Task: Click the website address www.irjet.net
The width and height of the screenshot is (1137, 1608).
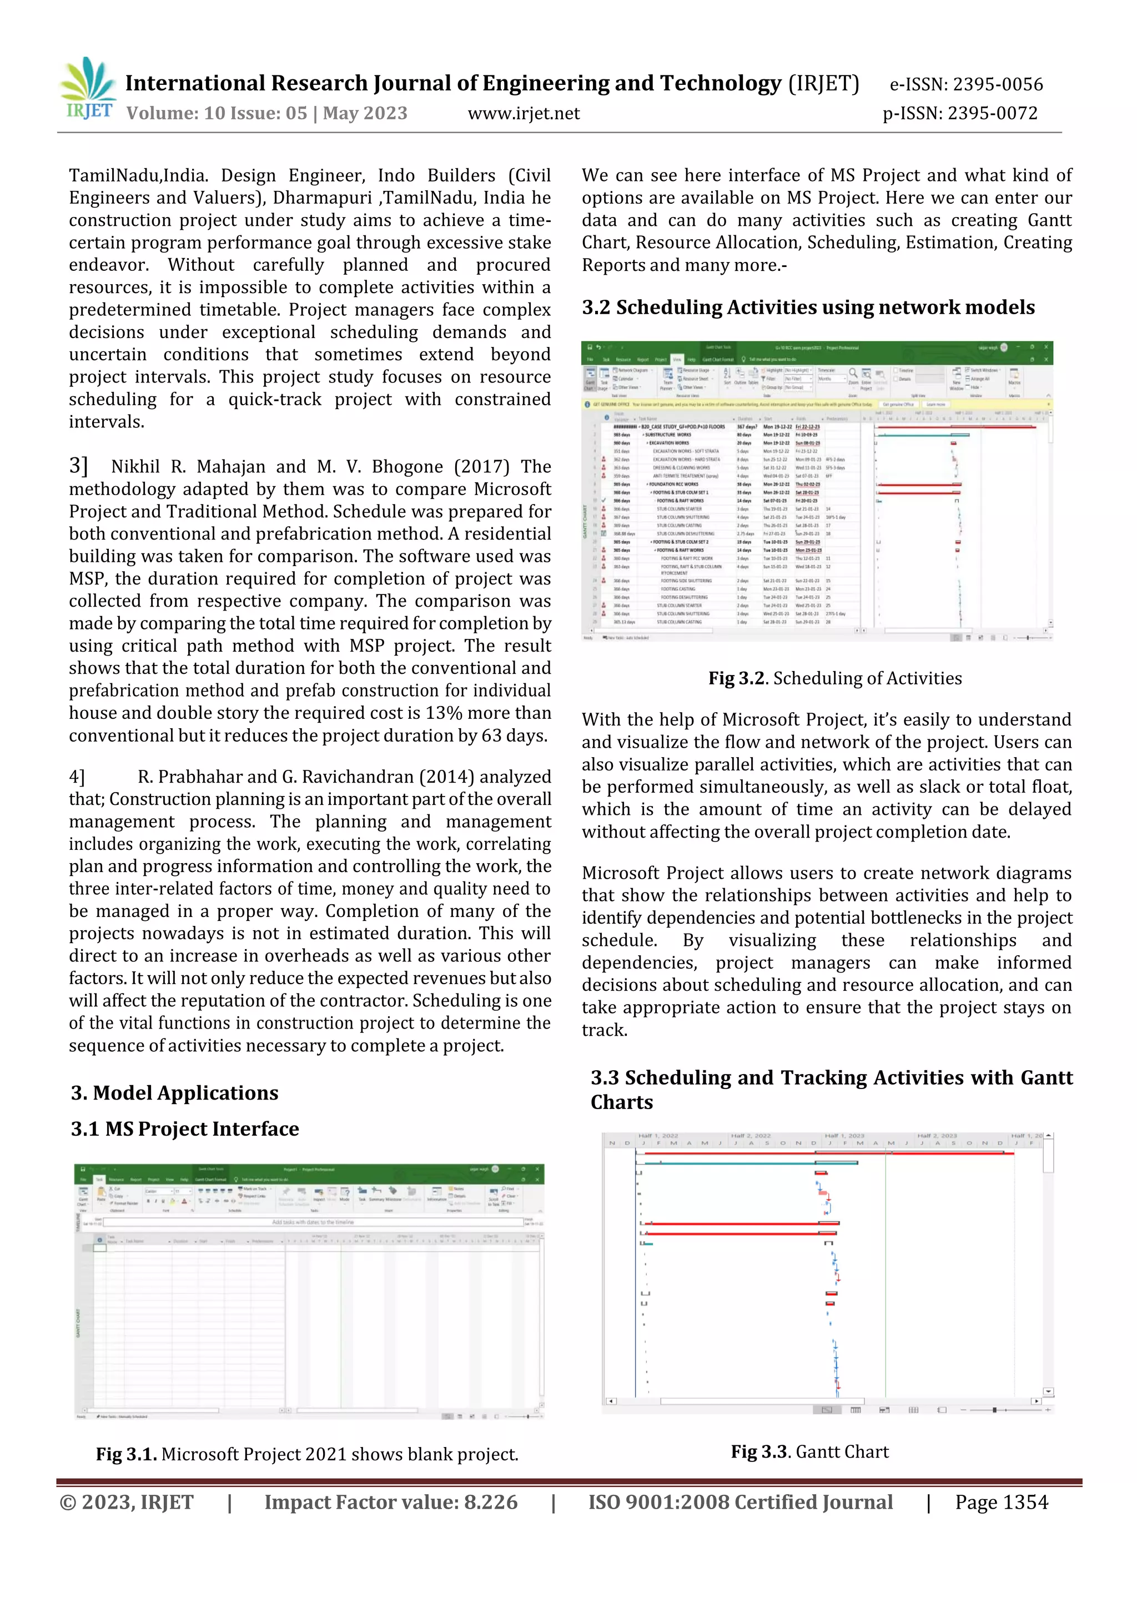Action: (x=524, y=113)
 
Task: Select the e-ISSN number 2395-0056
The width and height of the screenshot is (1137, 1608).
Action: (x=998, y=85)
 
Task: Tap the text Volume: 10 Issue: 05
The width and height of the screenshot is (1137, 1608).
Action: (x=217, y=113)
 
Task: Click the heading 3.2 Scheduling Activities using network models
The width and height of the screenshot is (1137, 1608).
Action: (x=808, y=308)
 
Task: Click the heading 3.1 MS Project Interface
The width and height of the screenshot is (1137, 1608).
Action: (x=185, y=1129)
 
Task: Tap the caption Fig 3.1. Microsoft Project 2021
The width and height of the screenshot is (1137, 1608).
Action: (x=307, y=1455)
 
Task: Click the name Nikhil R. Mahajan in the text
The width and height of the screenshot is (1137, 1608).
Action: (x=188, y=467)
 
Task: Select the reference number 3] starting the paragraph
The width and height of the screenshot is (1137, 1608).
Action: (x=78, y=466)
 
